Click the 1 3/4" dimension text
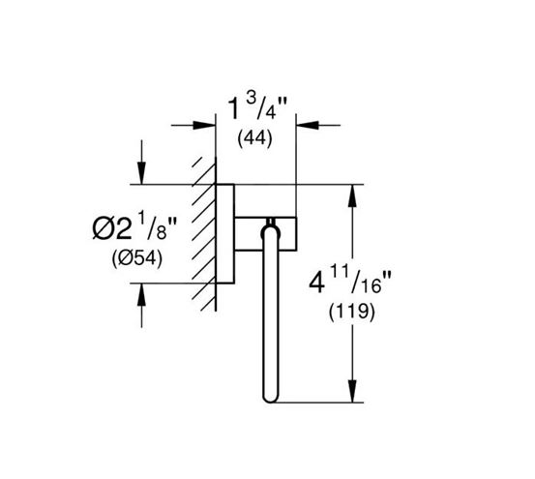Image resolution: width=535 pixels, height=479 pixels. [x=257, y=107]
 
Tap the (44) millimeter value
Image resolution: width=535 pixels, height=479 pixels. [x=254, y=138]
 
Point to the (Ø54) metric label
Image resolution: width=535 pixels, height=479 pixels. [x=136, y=259]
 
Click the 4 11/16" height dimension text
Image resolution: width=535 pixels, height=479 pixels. [x=349, y=282]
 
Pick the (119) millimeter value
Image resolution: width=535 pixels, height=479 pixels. [x=352, y=312]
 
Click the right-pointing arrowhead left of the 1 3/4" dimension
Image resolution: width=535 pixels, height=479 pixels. [x=204, y=125]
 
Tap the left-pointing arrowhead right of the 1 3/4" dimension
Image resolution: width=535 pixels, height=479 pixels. [x=308, y=125]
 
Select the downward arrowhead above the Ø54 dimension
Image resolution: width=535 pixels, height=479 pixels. [x=141, y=173]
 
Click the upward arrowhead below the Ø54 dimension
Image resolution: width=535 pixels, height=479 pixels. [x=141, y=294]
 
